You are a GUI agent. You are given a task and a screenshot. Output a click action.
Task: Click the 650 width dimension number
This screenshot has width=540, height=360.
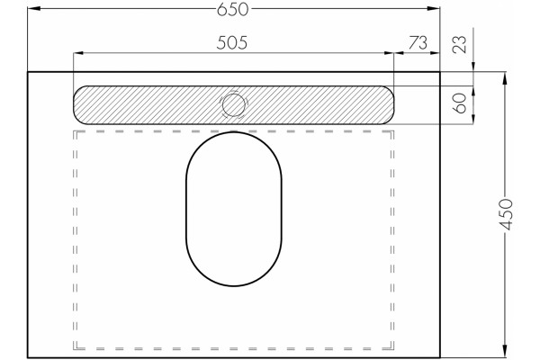click(x=232, y=9)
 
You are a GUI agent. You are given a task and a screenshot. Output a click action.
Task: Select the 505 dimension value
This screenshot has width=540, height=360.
click(x=232, y=42)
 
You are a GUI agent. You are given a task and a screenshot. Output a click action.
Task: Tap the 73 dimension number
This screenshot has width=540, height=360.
click(x=418, y=42)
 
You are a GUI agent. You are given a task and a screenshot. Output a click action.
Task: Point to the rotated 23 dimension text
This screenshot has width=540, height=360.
click(x=460, y=44)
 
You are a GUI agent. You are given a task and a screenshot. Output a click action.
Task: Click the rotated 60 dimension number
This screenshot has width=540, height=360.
click(x=460, y=103)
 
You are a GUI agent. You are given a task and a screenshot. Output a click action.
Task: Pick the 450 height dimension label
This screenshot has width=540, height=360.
click(x=506, y=214)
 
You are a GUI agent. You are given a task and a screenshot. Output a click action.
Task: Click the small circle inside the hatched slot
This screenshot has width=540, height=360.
click(x=234, y=104)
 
